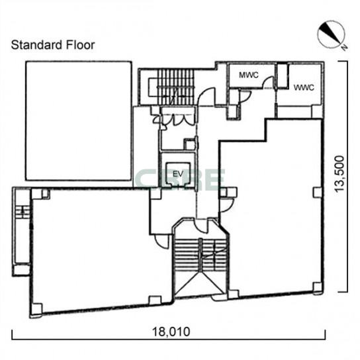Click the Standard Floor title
click(53, 45)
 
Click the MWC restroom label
click(249, 75)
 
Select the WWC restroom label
click(304, 88)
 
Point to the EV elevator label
click(178, 174)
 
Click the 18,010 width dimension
click(171, 332)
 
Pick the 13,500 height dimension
click(339, 174)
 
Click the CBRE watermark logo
click(180, 180)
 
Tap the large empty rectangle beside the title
click(79, 120)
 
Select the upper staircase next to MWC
click(171, 87)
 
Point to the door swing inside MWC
click(269, 83)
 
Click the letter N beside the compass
click(344, 47)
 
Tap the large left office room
click(101, 250)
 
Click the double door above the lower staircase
click(201, 224)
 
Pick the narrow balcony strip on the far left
click(21, 232)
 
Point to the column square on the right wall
click(317, 192)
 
